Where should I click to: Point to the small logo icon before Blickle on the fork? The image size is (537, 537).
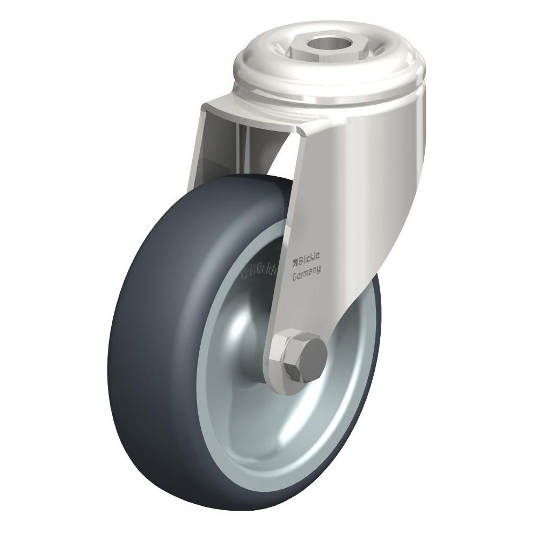(x=294, y=263)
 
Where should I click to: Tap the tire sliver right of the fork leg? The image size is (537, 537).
(x=373, y=317)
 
